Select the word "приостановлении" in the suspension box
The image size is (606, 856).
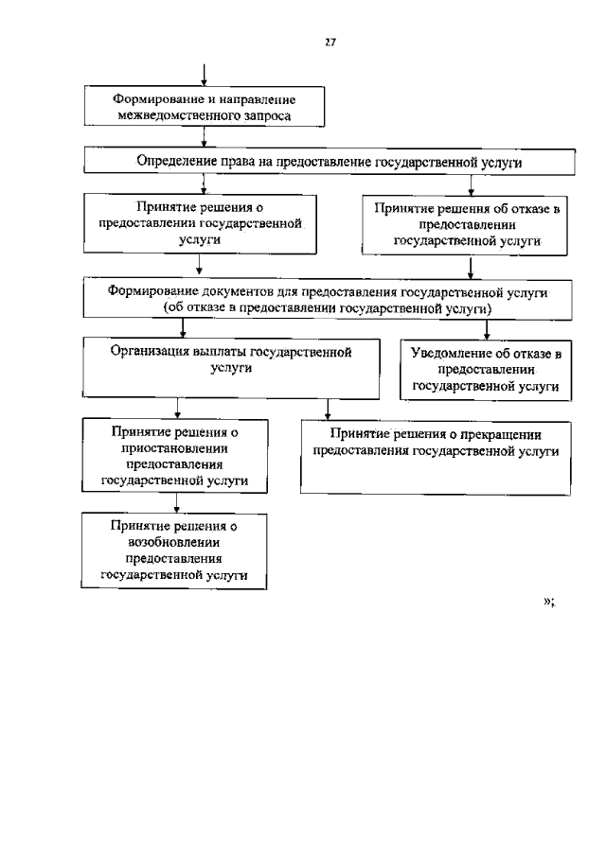tap(174, 448)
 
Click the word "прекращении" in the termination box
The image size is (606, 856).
tap(508, 434)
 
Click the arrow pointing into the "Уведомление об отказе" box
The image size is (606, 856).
tap(486, 331)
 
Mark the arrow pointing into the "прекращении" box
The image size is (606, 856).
tap(328, 411)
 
